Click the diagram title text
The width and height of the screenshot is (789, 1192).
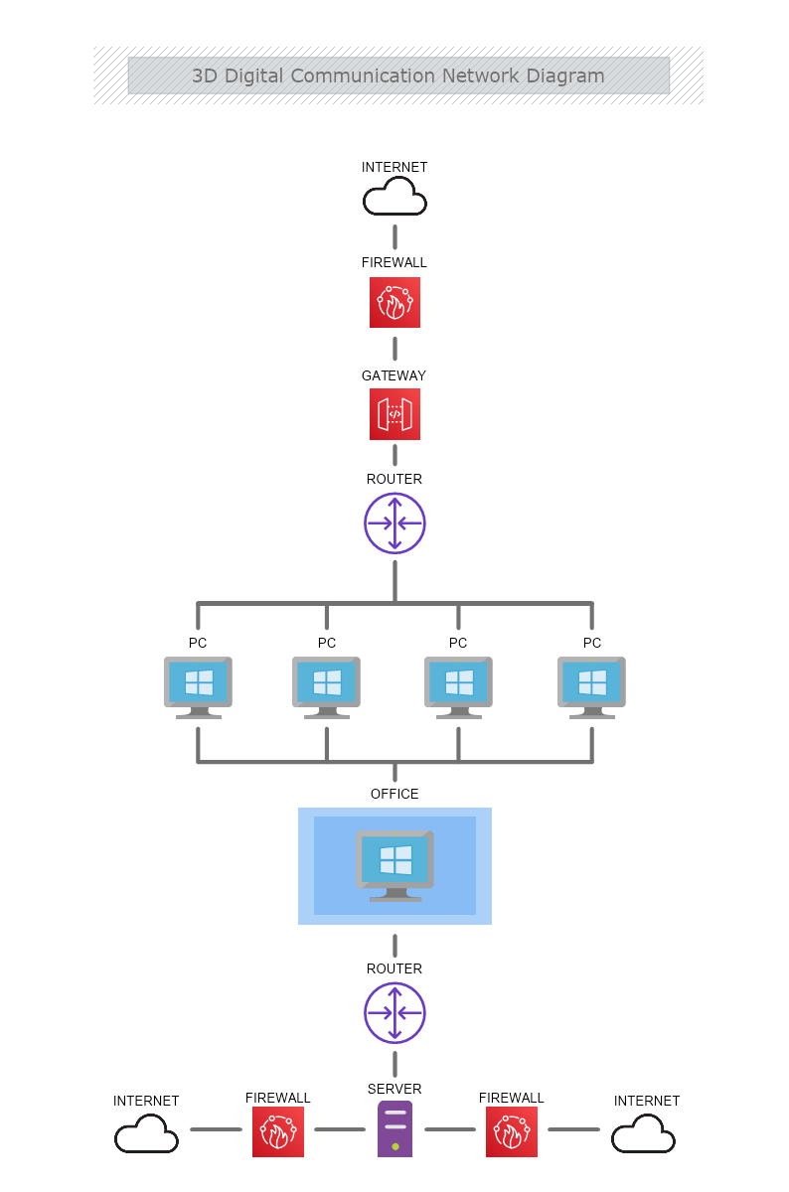(x=397, y=75)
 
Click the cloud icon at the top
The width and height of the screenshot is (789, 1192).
(x=394, y=198)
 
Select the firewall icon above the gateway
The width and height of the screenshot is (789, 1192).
(x=394, y=303)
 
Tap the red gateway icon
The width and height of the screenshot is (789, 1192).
(x=394, y=414)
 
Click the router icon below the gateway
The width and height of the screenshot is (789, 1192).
(x=394, y=522)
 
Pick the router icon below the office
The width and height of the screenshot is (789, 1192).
(x=394, y=1013)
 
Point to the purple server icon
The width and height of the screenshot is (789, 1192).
(x=394, y=1129)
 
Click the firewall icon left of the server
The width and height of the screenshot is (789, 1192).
(x=277, y=1132)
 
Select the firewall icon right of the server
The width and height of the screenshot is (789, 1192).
(x=511, y=1132)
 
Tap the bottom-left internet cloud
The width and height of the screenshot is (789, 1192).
(x=146, y=1133)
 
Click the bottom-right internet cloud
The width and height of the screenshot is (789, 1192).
(x=643, y=1133)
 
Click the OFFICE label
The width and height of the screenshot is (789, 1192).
(x=394, y=794)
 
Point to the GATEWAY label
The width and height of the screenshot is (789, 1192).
(x=394, y=375)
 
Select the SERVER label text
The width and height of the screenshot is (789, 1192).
(x=394, y=1089)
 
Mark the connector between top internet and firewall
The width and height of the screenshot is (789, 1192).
(x=394, y=236)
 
